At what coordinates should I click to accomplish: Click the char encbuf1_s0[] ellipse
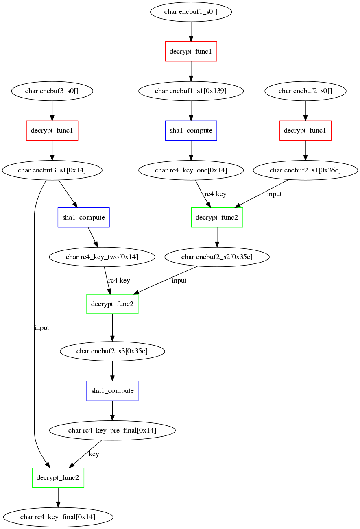(x=191, y=12)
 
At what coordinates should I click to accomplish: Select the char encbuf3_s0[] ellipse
(x=52, y=91)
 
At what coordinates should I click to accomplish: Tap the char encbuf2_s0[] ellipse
(x=305, y=91)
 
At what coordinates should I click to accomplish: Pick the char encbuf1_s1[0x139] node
(x=191, y=91)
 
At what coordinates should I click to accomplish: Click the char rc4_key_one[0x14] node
(x=191, y=170)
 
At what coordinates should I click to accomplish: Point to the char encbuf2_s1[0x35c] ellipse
(x=305, y=170)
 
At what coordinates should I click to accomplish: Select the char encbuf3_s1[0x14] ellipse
(x=52, y=170)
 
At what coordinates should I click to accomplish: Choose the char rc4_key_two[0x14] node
(x=102, y=257)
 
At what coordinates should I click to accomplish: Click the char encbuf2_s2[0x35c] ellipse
(x=217, y=257)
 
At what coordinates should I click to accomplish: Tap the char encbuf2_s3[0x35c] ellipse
(x=112, y=351)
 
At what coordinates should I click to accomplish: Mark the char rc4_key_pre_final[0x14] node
(x=112, y=431)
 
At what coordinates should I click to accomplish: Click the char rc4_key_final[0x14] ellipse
(x=58, y=517)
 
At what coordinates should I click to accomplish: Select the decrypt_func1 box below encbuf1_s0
(x=191, y=52)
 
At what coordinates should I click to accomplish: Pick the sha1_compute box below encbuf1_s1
(x=191, y=131)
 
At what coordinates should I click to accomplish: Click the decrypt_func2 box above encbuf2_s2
(x=217, y=218)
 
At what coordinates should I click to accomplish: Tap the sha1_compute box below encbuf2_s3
(x=112, y=391)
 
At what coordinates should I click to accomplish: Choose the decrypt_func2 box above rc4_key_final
(x=58, y=477)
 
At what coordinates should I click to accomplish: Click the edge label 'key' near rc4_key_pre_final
(x=94, y=454)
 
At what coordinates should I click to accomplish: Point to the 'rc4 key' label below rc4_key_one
(x=216, y=194)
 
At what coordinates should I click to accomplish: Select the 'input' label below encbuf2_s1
(x=274, y=194)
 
